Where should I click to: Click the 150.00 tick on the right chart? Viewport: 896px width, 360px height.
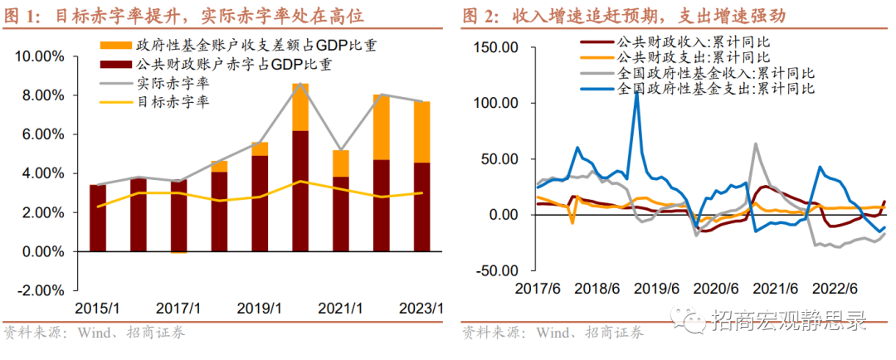click(x=495, y=48)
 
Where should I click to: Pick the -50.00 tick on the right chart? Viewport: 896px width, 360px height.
click(x=495, y=270)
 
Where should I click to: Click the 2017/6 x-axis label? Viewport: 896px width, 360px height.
click(x=538, y=288)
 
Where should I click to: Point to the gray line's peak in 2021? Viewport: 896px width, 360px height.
click(x=756, y=144)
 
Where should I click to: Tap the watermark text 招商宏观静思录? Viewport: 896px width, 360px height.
click(x=796, y=320)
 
